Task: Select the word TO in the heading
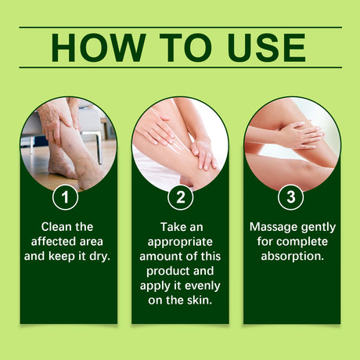(x=179, y=48)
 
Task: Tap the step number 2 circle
(x=180, y=196)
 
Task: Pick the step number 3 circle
(x=291, y=196)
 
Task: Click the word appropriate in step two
(x=180, y=240)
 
